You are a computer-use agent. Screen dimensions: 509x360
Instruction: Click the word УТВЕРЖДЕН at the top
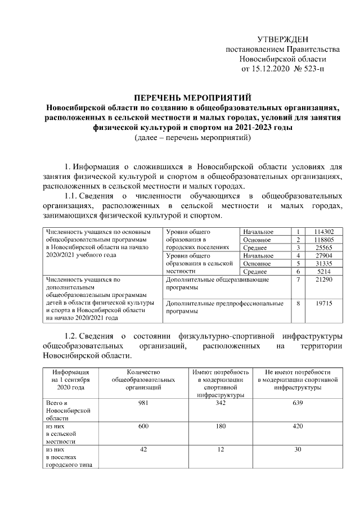(x=283, y=39)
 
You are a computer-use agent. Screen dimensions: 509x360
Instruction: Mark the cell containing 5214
(x=326, y=271)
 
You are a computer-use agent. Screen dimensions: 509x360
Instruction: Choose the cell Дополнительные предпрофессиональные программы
(x=225, y=307)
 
